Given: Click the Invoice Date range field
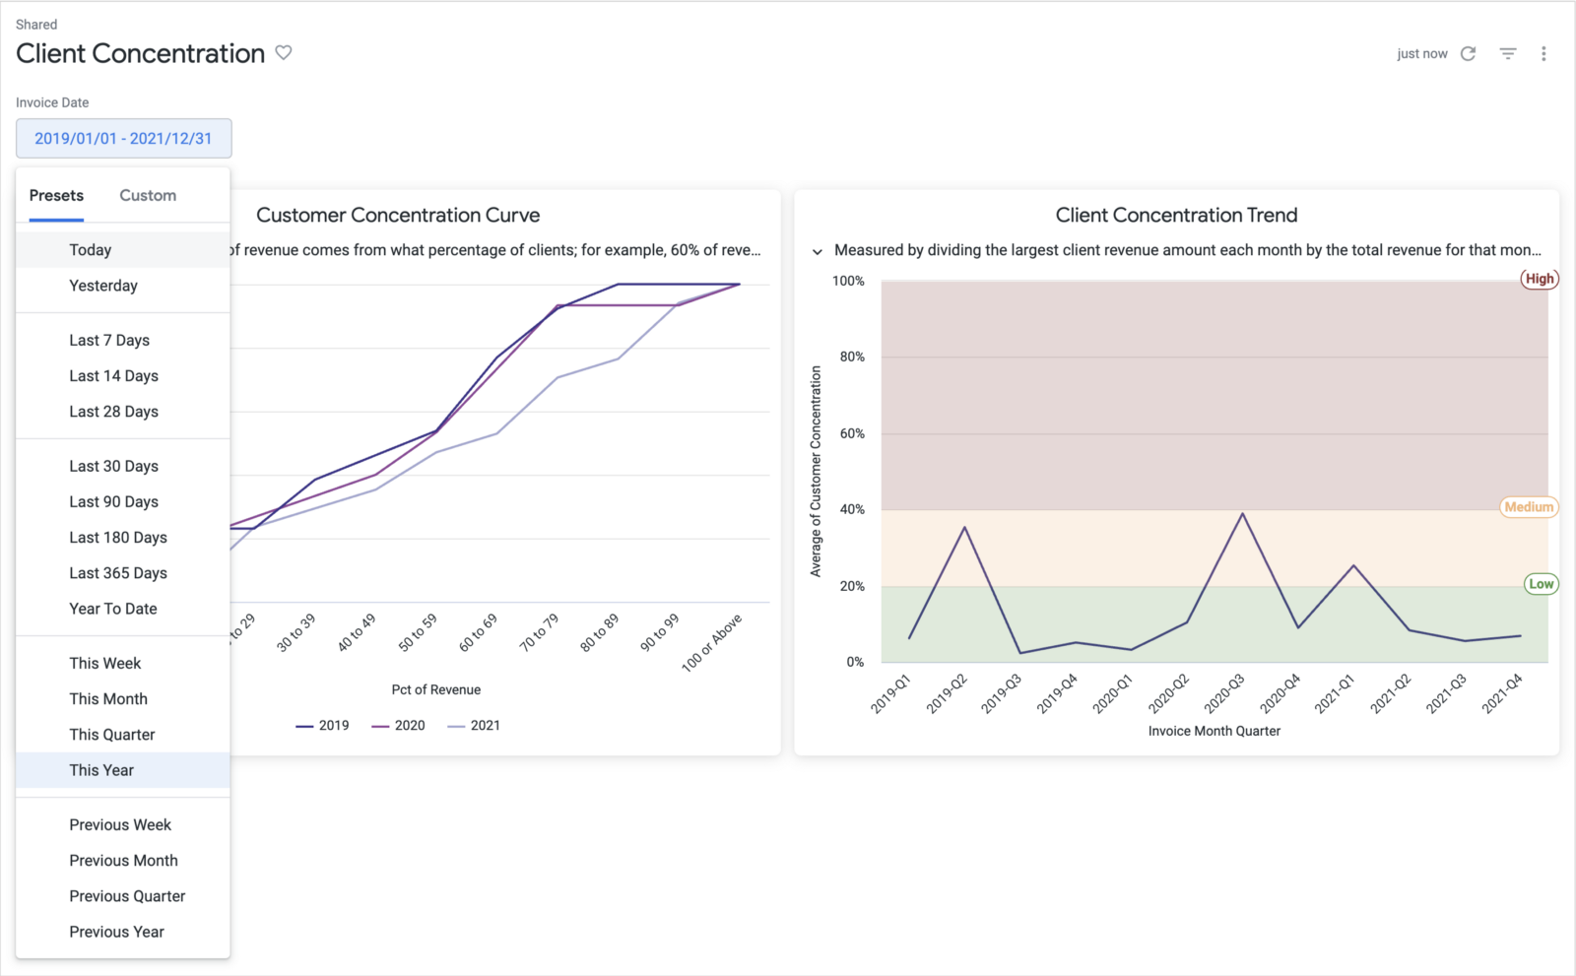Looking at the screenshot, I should pyautogui.click(x=123, y=138).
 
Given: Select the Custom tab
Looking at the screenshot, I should pyautogui.click(x=148, y=195).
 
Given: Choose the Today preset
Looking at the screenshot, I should pyautogui.click(x=91, y=250).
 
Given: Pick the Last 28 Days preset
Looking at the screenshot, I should pyautogui.click(x=113, y=412).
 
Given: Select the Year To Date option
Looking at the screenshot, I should pyautogui.click(x=113, y=609).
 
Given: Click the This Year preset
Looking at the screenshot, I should pyautogui.click(x=101, y=770).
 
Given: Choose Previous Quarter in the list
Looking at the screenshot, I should pyautogui.click(x=127, y=896).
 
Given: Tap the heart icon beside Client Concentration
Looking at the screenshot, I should pyautogui.click(x=284, y=52).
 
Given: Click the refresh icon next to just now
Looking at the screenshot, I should pyautogui.click(x=1468, y=53).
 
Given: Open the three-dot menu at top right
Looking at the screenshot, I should pyautogui.click(x=1543, y=53).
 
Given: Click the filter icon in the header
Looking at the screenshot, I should pyautogui.click(x=1507, y=53).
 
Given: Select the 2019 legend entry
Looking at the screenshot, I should pyautogui.click(x=322, y=726).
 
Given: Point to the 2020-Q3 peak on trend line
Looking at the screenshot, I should pyautogui.click(x=1243, y=513).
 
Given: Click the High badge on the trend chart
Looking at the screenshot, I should pyautogui.click(x=1539, y=279).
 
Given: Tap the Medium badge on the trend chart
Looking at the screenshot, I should pyautogui.click(x=1529, y=507).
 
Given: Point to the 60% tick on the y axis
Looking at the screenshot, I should pyautogui.click(x=852, y=433).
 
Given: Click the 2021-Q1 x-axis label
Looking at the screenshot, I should pyautogui.click(x=1335, y=693).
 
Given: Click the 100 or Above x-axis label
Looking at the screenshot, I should pyautogui.click(x=711, y=643).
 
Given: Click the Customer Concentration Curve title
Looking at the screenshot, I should pyautogui.click(x=398, y=215).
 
